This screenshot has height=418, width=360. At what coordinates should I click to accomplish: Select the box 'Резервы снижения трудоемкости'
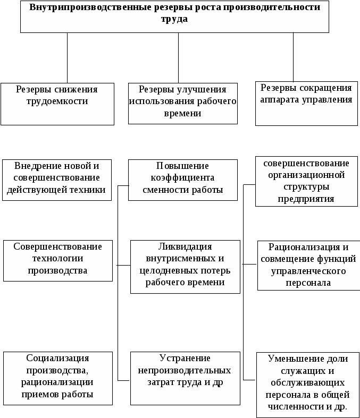(x=57, y=103)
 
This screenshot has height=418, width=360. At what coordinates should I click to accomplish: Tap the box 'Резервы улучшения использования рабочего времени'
(x=183, y=103)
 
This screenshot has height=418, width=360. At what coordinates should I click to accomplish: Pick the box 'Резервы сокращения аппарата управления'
(x=306, y=103)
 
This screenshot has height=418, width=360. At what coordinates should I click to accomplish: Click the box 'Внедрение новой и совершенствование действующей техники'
(x=57, y=180)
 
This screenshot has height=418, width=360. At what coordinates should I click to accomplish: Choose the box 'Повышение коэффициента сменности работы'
(x=183, y=180)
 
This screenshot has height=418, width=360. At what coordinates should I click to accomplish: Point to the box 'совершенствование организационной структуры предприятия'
(x=306, y=181)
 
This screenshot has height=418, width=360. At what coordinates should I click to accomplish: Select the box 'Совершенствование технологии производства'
(x=58, y=260)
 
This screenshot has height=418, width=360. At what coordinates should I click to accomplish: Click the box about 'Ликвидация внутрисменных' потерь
(x=185, y=267)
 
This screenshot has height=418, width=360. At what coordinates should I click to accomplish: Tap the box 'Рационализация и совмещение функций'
(x=307, y=266)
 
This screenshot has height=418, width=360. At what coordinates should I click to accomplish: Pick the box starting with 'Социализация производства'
(x=58, y=378)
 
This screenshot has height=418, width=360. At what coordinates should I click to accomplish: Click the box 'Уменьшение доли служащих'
(x=307, y=384)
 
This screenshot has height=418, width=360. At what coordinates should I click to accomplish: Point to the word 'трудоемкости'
(x=57, y=101)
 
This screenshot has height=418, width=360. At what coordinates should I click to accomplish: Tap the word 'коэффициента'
(x=182, y=178)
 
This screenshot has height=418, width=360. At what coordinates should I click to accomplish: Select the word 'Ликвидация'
(x=185, y=246)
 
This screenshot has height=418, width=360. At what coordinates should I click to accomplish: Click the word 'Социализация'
(x=58, y=358)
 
